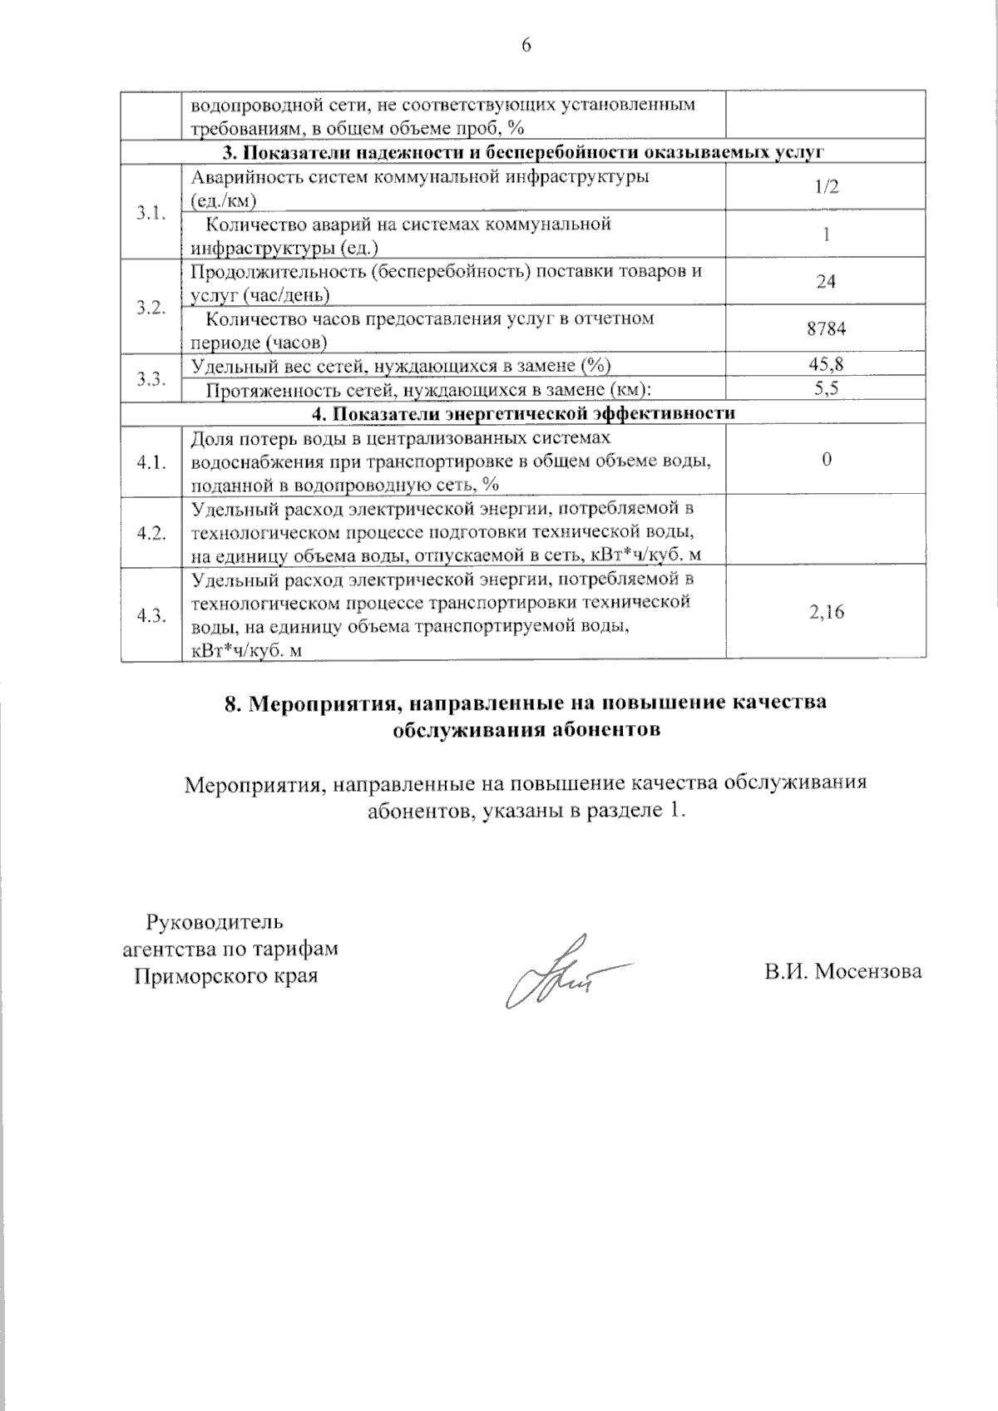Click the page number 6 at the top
click(526, 46)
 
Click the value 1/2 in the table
click(826, 186)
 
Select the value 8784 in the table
click(826, 328)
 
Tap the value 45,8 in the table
click(826, 364)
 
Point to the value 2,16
click(826, 613)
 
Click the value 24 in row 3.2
click(826, 282)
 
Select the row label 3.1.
click(151, 211)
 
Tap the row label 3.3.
click(151, 378)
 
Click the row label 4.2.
click(151, 533)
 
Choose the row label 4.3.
click(151, 615)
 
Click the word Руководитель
click(215, 922)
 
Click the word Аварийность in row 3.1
click(240, 177)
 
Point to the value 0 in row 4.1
click(826, 461)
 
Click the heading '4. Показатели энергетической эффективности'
click(523, 413)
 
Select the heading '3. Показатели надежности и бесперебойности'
click(523, 151)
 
